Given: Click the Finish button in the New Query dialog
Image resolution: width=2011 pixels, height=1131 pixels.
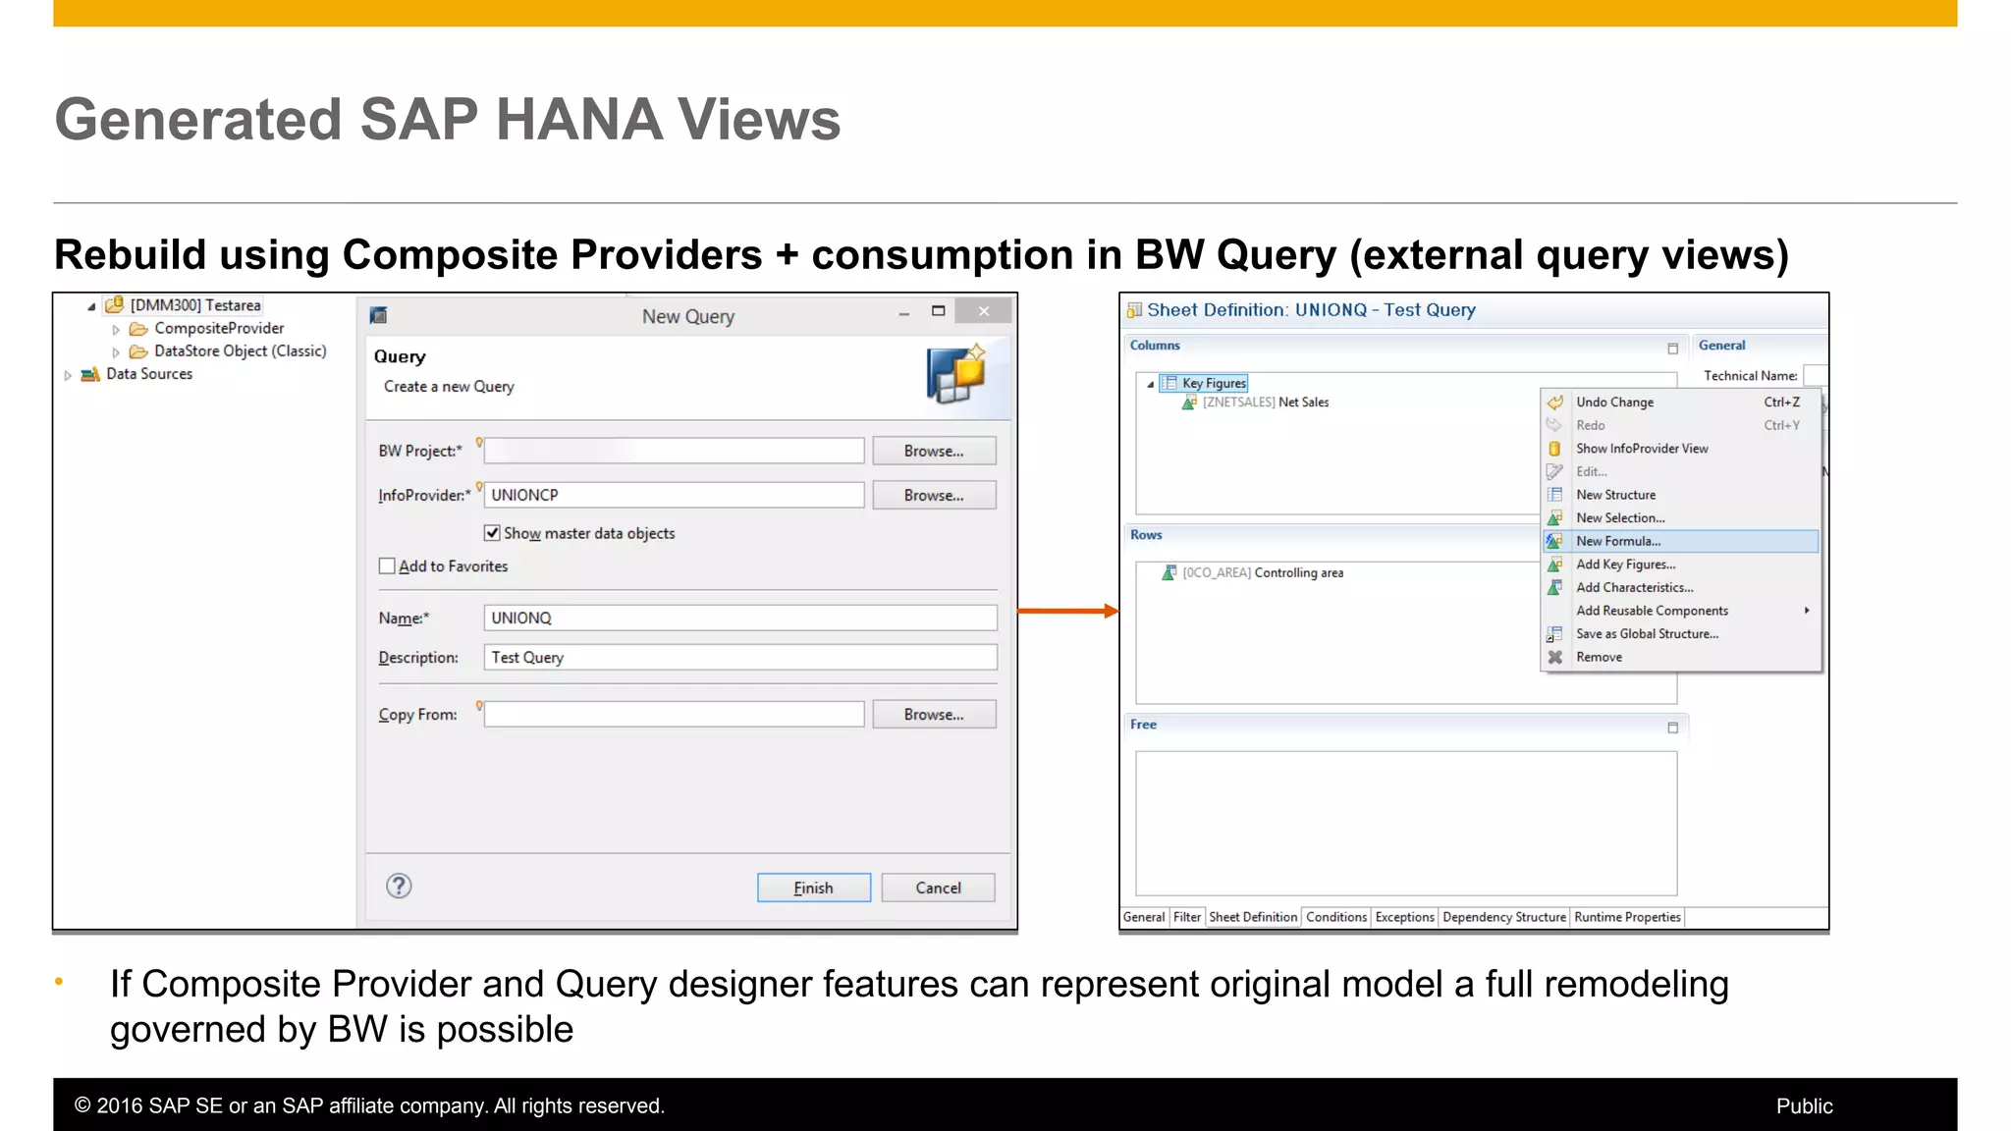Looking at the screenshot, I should coord(813,888).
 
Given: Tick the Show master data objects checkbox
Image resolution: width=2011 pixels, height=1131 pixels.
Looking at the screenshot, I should coord(492,533).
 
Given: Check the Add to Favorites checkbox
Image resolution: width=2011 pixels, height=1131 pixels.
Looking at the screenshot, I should coord(387,566).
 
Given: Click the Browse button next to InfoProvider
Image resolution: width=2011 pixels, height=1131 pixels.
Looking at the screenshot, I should coord(933,496).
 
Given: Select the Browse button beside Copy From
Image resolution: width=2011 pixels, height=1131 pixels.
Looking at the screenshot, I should coord(933,715).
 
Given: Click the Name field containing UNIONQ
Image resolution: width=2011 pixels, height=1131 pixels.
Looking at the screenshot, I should coord(739,619).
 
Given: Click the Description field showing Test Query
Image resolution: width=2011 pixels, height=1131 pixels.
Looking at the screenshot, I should coord(739,658).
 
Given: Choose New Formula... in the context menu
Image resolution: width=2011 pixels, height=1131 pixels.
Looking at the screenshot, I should coord(1618,541).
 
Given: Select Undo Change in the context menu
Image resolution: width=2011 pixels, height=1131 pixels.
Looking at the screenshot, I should coord(1614,403).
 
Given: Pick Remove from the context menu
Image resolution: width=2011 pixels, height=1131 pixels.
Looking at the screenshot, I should coord(1599,658).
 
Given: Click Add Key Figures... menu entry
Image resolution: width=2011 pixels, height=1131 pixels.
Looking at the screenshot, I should coord(1625,565).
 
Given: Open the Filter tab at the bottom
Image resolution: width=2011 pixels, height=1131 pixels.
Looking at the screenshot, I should coord(1186,917).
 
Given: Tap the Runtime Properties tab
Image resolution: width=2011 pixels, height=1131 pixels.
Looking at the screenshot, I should coord(1627,917).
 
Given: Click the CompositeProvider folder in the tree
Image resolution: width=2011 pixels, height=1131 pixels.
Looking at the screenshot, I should coord(218,329).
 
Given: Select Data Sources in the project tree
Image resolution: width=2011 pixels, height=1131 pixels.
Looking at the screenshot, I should coord(148,374).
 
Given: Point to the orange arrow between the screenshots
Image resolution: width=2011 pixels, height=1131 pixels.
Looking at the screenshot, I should coord(1068,612).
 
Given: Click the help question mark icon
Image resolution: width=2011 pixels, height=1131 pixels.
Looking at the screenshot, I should coord(399,887).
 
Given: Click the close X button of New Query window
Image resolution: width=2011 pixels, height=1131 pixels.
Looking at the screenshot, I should coord(983,312).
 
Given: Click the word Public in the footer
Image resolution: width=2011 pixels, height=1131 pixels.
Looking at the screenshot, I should coord(1804,1106).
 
